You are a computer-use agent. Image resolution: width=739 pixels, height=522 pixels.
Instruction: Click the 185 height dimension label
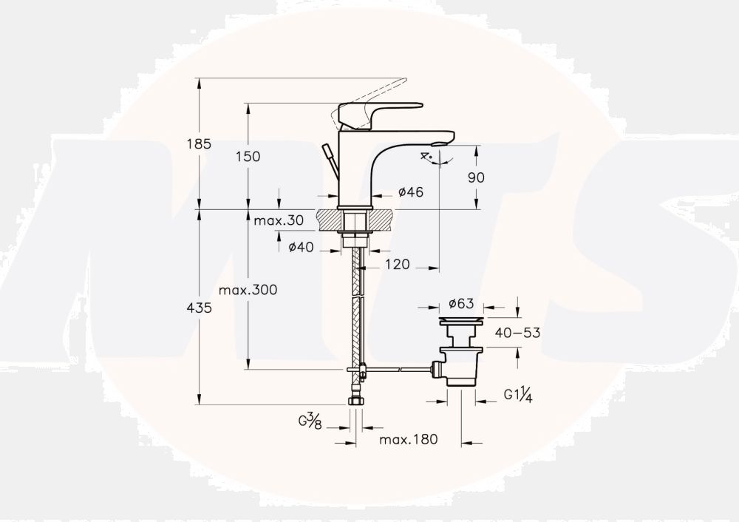[x=199, y=144]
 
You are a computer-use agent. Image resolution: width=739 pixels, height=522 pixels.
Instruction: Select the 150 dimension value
[x=248, y=156]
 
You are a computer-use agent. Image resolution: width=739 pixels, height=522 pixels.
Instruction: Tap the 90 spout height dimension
[x=476, y=177]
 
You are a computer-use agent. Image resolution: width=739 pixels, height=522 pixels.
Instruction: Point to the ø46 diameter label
[x=410, y=192]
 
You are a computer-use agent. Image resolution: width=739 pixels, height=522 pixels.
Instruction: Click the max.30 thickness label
[x=279, y=220]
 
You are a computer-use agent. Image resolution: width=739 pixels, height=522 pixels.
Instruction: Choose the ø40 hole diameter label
[x=301, y=247]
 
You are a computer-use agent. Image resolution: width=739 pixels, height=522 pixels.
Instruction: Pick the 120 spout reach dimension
[x=398, y=265]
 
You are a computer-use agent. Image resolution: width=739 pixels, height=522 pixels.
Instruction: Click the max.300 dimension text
[x=248, y=290]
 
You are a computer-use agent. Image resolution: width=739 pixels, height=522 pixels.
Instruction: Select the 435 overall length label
[x=199, y=308]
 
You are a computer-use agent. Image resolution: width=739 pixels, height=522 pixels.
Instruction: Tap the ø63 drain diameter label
[x=461, y=303]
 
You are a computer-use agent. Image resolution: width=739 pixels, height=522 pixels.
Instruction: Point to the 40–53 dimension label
[x=517, y=333]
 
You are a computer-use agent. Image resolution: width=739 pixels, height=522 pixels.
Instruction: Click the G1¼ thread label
[x=518, y=395]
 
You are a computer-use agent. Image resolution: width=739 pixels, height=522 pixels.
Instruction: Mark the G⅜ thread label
[x=310, y=421]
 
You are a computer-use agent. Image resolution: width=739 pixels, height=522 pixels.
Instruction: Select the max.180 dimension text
[x=409, y=439]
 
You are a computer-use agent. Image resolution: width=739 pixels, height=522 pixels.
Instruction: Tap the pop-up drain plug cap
[x=461, y=321]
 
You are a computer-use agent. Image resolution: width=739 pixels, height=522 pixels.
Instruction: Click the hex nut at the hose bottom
[x=355, y=401]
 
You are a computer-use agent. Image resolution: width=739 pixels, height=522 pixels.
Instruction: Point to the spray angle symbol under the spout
[x=437, y=158]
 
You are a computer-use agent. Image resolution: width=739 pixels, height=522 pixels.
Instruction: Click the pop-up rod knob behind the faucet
[x=326, y=151]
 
